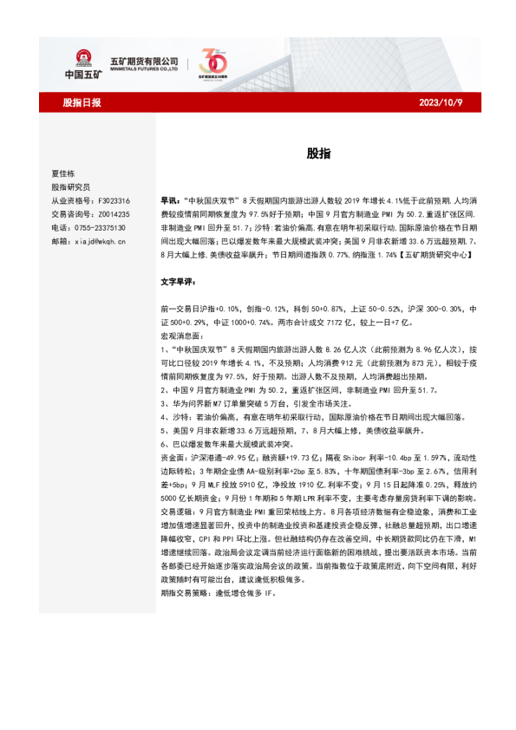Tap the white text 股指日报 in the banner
click(x=82, y=102)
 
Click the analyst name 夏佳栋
click(x=64, y=173)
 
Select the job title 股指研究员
click(x=70, y=186)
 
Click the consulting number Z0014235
click(x=112, y=213)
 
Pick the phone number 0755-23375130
click(x=97, y=227)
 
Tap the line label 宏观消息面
click(x=180, y=334)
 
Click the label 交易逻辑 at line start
click(x=177, y=489)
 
